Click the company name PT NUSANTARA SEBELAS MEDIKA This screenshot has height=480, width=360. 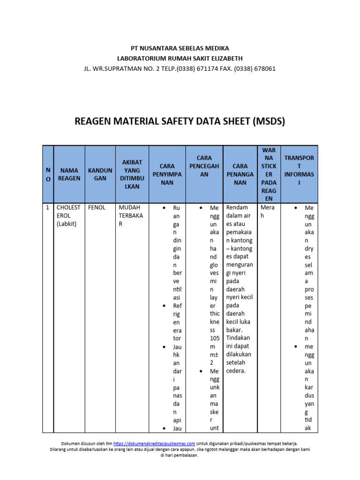(x=180, y=48)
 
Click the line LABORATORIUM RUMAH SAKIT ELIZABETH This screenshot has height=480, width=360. (x=180, y=58)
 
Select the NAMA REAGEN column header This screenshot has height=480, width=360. (x=69, y=174)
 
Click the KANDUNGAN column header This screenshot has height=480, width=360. (x=100, y=174)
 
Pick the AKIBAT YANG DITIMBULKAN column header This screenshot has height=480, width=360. (x=132, y=174)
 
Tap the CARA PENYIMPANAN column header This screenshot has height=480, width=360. (x=167, y=174)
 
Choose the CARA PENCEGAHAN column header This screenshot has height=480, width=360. (x=204, y=174)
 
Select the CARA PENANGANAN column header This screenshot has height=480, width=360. (x=240, y=174)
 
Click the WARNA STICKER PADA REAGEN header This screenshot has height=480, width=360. (x=269, y=174)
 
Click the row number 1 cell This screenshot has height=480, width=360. (x=48, y=207)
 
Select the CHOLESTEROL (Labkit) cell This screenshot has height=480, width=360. (x=68, y=215)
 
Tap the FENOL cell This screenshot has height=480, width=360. (x=97, y=207)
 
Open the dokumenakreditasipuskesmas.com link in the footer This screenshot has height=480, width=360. (x=154, y=443)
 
